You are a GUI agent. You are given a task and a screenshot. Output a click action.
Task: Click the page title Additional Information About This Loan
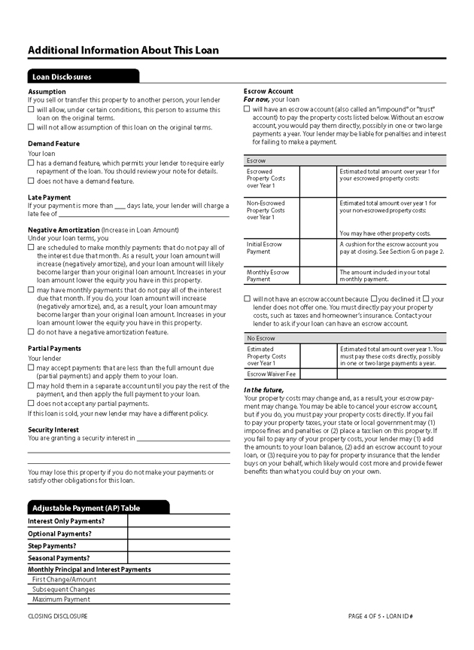tap(123, 50)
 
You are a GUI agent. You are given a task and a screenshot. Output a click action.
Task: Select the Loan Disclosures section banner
tap(62, 77)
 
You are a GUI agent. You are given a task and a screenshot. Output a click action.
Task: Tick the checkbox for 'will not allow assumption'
tap(31, 128)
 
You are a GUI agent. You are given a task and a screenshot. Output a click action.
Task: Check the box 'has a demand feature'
tap(31, 163)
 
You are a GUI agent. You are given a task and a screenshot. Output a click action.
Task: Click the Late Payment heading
tap(49, 197)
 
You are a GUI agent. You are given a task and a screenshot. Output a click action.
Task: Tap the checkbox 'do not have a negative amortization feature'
tap(31, 332)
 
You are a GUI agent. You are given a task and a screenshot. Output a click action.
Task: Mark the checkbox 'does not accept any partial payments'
tap(31, 404)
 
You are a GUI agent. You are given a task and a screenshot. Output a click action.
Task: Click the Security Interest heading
tap(54, 429)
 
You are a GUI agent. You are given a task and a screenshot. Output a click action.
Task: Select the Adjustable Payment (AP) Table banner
tap(85, 508)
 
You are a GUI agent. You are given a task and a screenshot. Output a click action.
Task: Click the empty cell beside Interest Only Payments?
tap(178, 520)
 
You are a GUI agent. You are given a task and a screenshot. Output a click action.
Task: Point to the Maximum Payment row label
tap(61, 600)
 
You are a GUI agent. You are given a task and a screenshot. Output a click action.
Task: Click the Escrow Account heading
tap(269, 91)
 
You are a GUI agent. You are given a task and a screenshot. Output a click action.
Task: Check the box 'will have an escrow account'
tap(247, 109)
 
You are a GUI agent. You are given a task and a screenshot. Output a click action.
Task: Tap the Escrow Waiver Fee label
tap(272, 374)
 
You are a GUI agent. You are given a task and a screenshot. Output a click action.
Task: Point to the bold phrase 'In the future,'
tap(263, 389)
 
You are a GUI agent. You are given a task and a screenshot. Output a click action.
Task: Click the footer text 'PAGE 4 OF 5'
tap(366, 616)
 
